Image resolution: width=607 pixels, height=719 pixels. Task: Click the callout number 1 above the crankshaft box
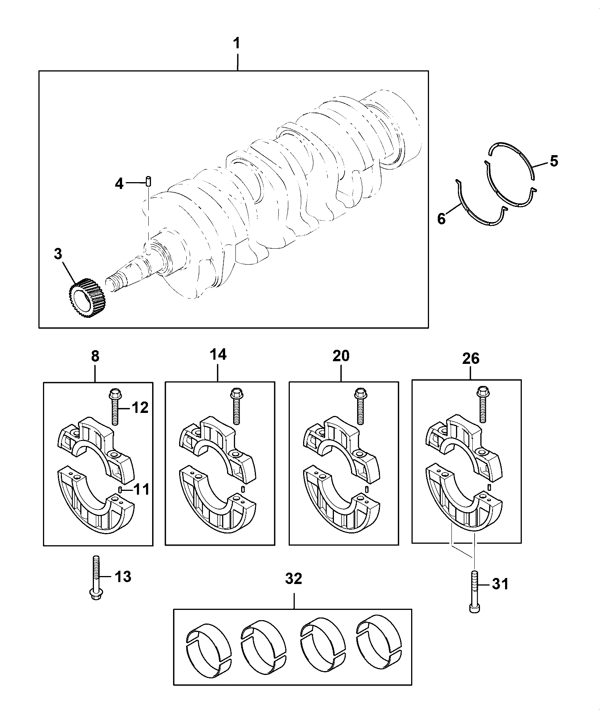pos(237,43)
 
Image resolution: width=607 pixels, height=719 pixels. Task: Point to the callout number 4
pos(119,184)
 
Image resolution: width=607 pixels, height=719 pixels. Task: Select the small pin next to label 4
pos(149,181)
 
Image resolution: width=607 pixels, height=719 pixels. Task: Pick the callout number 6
pos(441,219)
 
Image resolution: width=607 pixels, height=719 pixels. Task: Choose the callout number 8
pos(95,356)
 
